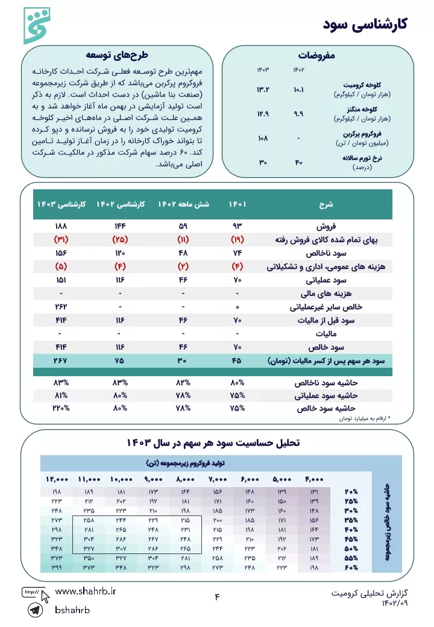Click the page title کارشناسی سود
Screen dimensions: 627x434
click(366, 24)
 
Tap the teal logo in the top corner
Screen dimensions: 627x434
click(37, 26)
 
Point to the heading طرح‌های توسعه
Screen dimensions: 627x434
click(117, 55)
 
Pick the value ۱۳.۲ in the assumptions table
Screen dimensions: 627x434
click(263, 90)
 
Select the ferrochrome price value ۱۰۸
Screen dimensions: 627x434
click(263, 138)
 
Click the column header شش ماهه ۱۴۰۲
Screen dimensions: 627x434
click(183, 204)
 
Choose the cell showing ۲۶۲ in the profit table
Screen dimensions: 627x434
click(60, 307)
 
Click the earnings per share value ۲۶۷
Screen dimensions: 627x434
click(60, 361)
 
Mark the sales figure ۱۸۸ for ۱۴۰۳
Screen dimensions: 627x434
click(60, 226)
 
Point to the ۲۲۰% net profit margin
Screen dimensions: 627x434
click(60, 408)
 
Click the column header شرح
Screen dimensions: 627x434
click(326, 204)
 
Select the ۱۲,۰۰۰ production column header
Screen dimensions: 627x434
click(57, 479)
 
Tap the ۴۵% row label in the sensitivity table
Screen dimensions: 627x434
click(350, 538)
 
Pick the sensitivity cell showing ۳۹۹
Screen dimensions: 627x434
click(57, 567)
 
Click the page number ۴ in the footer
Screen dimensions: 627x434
click(217, 597)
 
